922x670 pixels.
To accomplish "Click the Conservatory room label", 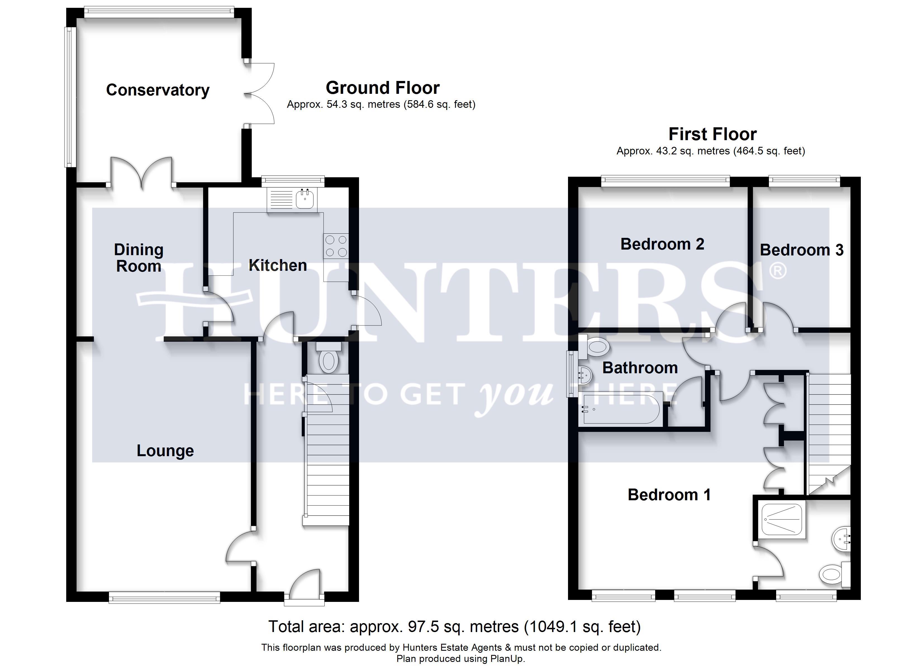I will [158, 90].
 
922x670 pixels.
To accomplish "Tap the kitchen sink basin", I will [305, 199].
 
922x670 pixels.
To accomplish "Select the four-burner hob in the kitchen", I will [336, 246].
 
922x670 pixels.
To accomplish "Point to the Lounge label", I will [165, 451].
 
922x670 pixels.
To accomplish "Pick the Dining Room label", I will [139, 258].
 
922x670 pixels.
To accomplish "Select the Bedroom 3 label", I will [802, 250].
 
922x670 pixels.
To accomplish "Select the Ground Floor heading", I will [382, 88].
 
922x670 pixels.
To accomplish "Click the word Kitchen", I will [278, 265].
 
